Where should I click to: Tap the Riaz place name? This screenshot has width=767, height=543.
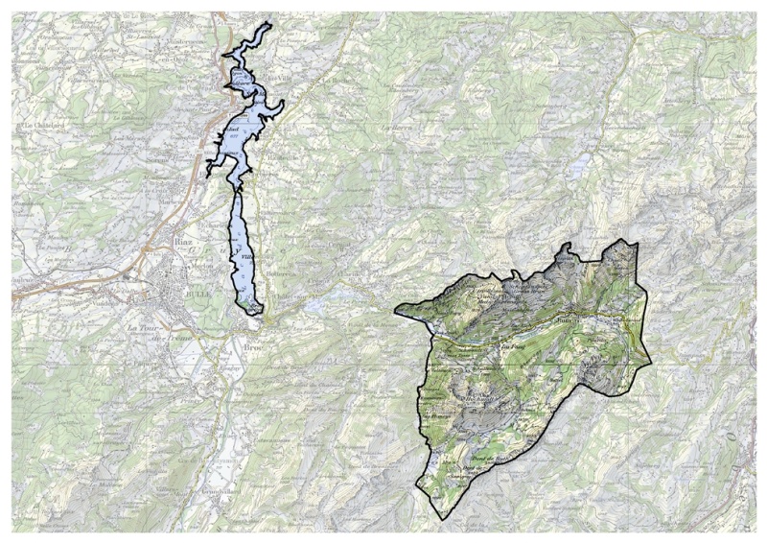pyautogui.click(x=182, y=243)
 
